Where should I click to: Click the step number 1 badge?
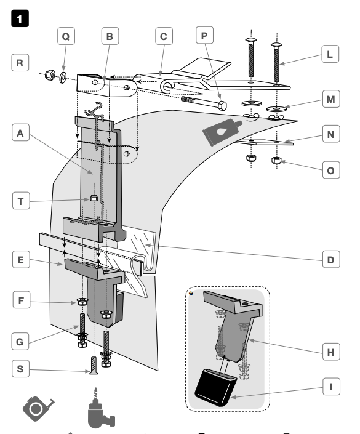[x=20, y=18]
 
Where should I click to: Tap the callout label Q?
[x=66, y=36]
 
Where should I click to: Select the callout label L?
[x=330, y=54]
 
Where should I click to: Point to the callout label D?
[x=331, y=259]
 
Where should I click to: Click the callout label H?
[x=331, y=352]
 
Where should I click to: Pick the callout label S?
[x=20, y=368]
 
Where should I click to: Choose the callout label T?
[x=21, y=201]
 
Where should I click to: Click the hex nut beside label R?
[x=50, y=74]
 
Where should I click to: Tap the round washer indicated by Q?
[x=63, y=78]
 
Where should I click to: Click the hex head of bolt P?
[x=223, y=105]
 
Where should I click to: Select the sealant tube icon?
[x=222, y=132]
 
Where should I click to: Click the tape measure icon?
[x=38, y=409]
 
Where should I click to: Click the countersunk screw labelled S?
[x=94, y=366]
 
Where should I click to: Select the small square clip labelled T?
[x=94, y=198]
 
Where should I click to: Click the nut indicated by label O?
[x=276, y=160]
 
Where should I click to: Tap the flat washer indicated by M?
[x=277, y=108]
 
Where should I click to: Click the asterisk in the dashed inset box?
[x=191, y=294]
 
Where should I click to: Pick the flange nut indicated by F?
[x=82, y=302]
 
